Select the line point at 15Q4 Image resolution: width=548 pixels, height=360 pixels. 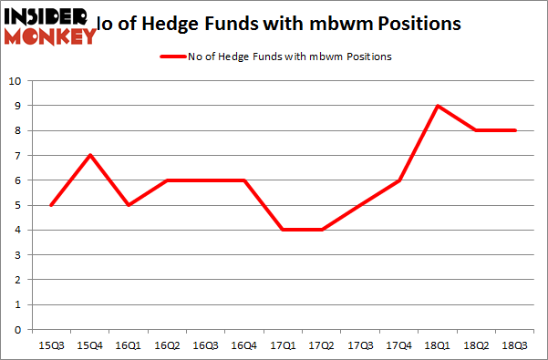90,155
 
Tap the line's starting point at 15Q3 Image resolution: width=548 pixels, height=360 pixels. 50,205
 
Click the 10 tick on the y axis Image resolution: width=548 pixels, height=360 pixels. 16,81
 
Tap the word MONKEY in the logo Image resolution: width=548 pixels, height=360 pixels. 50,36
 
